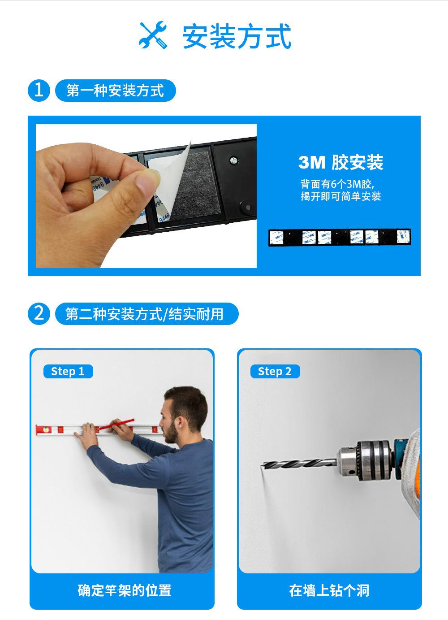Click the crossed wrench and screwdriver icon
[x=153, y=35]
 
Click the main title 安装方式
[x=237, y=36]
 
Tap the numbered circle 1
[x=39, y=91]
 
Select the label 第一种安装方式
[x=115, y=91]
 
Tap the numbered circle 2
[x=39, y=314]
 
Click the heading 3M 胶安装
[x=340, y=162]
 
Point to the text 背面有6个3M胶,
[x=337, y=183]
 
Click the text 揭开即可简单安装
[x=340, y=196]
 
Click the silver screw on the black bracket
[x=234, y=160]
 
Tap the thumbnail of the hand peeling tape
[x=146, y=196]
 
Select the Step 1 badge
[x=68, y=371]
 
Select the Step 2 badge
[x=275, y=371]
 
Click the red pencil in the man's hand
[x=116, y=424]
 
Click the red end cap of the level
[x=40, y=430]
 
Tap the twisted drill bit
[x=299, y=464]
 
